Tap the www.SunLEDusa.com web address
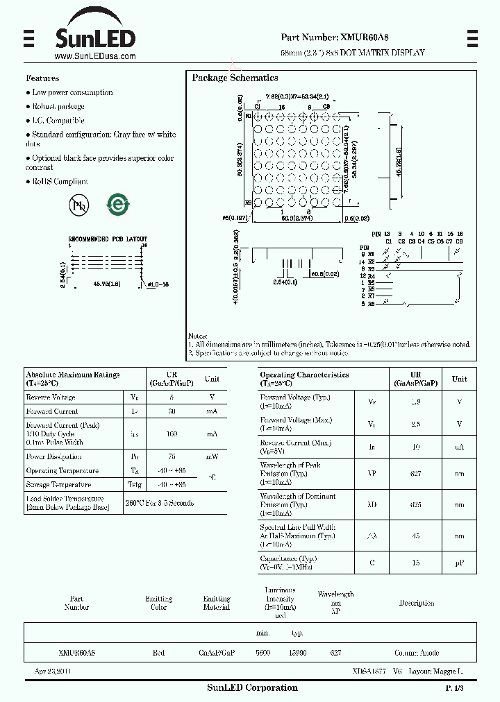click(94, 57)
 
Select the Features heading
click(42, 78)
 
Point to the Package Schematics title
click(235, 78)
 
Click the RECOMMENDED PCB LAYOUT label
click(107, 239)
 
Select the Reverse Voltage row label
click(51, 397)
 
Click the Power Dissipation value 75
click(172, 457)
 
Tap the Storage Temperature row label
click(58, 485)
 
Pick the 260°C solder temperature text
click(159, 503)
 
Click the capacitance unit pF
click(459, 563)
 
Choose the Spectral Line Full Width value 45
click(416, 536)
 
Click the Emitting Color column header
click(158, 603)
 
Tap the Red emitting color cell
click(158, 653)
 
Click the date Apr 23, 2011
click(53, 671)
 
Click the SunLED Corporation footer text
click(252, 688)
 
